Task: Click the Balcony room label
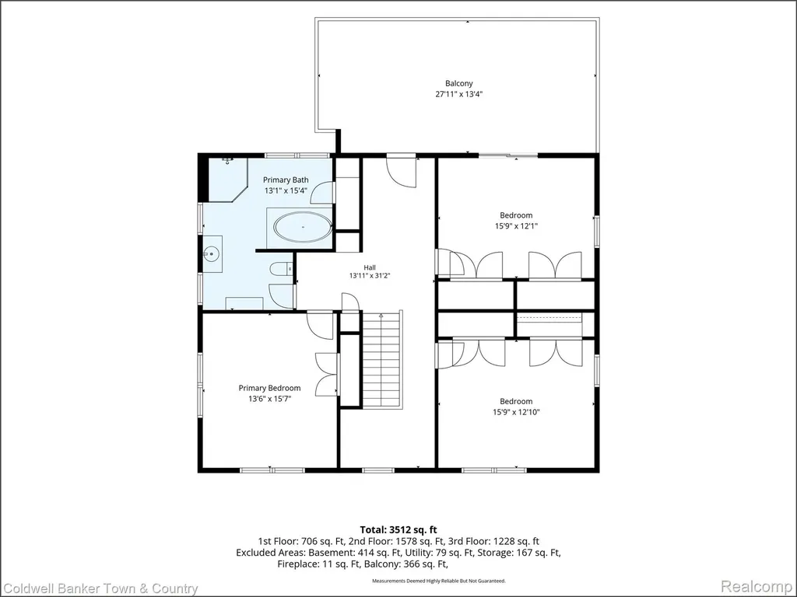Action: tap(459, 83)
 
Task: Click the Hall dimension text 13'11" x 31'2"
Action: tap(370, 276)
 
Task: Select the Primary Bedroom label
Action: tap(269, 389)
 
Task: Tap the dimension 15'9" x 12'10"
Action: tap(516, 412)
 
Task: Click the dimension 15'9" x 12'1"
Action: tap(516, 226)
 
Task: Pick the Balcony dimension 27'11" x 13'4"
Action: tap(459, 94)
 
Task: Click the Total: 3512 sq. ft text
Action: tap(398, 530)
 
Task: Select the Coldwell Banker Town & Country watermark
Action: tap(100, 588)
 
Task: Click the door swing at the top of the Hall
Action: tap(402, 172)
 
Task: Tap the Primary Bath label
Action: tap(286, 180)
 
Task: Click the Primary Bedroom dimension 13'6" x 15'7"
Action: tap(269, 399)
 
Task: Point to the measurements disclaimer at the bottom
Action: tap(439, 580)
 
